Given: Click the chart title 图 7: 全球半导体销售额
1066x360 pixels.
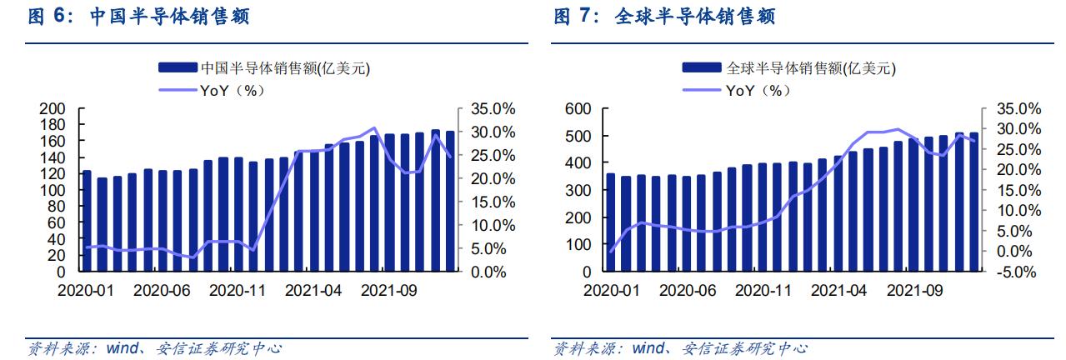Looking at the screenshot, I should click(664, 16).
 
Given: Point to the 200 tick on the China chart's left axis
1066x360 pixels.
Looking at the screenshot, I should click(53, 109).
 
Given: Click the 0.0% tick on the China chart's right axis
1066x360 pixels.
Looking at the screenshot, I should click(488, 272).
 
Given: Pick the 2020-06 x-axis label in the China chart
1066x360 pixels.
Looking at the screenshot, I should click(162, 291).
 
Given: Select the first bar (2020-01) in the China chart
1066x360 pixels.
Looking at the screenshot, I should click(87, 221).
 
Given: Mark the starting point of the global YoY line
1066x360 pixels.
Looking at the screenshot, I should click(611, 252).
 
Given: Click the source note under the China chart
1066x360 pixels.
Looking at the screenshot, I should click(154, 348).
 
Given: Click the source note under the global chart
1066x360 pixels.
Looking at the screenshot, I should click(680, 348).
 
